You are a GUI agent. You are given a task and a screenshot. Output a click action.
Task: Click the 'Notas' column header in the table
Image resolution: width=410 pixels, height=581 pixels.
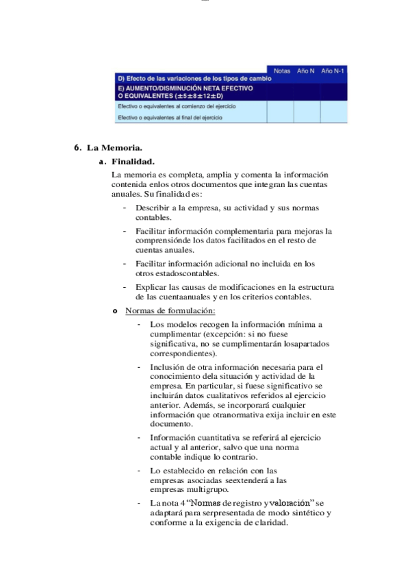click(281, 71)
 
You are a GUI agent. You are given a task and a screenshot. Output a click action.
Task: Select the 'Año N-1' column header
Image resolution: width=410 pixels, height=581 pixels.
click(333, 71)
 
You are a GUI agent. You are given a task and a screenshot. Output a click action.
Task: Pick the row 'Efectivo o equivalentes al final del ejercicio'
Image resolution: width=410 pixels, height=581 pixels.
click(170, 118)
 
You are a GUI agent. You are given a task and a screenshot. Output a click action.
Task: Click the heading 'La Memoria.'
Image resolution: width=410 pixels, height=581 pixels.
click(114, 147)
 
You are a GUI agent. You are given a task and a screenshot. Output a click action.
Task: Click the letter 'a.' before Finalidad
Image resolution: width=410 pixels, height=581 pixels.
click(103, 162)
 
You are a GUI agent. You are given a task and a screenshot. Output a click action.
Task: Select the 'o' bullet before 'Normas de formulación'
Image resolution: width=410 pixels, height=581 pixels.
click(114, 312)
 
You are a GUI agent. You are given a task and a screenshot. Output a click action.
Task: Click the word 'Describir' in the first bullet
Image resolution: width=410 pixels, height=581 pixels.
click(153, 208)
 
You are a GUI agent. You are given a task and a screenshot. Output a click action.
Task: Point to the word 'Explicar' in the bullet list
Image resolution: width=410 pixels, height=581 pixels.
click(152, 286)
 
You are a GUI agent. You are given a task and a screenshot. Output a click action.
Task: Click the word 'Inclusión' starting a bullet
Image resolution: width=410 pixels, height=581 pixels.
click(168, 367)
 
